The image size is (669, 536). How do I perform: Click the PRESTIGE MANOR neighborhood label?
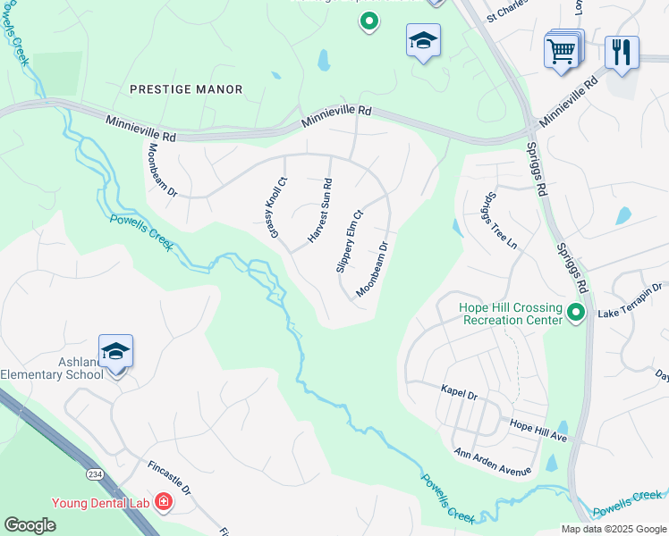tap(186, 89)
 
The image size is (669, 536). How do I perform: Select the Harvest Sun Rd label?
tap(320, 211)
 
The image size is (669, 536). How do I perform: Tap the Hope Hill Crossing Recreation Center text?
tap(510, 314)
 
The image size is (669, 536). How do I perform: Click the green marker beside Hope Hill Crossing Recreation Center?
tap(577, 313)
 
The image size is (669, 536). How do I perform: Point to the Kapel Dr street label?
tap(460, 390)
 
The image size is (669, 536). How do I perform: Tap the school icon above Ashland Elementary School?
tap(116, 352)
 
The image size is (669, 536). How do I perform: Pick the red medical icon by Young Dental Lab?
tap(163, 503)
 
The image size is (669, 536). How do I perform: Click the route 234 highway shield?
tap(93, 472)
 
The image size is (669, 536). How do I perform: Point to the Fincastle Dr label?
tap(169, 477)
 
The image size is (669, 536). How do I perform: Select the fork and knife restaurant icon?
tap(622, 52)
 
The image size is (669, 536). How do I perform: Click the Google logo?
tap(30, 524)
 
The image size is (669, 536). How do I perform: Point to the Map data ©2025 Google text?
tap(612, 528)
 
